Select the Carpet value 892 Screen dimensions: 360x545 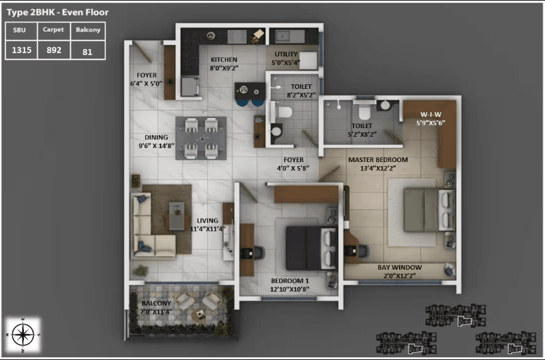(54, 49)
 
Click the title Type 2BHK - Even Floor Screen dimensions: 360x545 (58, 12)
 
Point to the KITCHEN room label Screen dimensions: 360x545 (224, 59)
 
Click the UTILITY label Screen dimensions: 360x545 (287, 54)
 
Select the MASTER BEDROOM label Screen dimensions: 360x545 (378, 160)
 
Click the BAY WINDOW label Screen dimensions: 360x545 (400, 267)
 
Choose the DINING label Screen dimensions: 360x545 (156, 138)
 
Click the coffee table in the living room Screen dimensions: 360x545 (177, 215)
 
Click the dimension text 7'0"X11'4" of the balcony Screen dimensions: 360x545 (157, 311)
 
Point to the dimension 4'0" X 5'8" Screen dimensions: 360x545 (293, 169)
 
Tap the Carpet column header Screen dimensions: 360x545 (54, 30)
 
